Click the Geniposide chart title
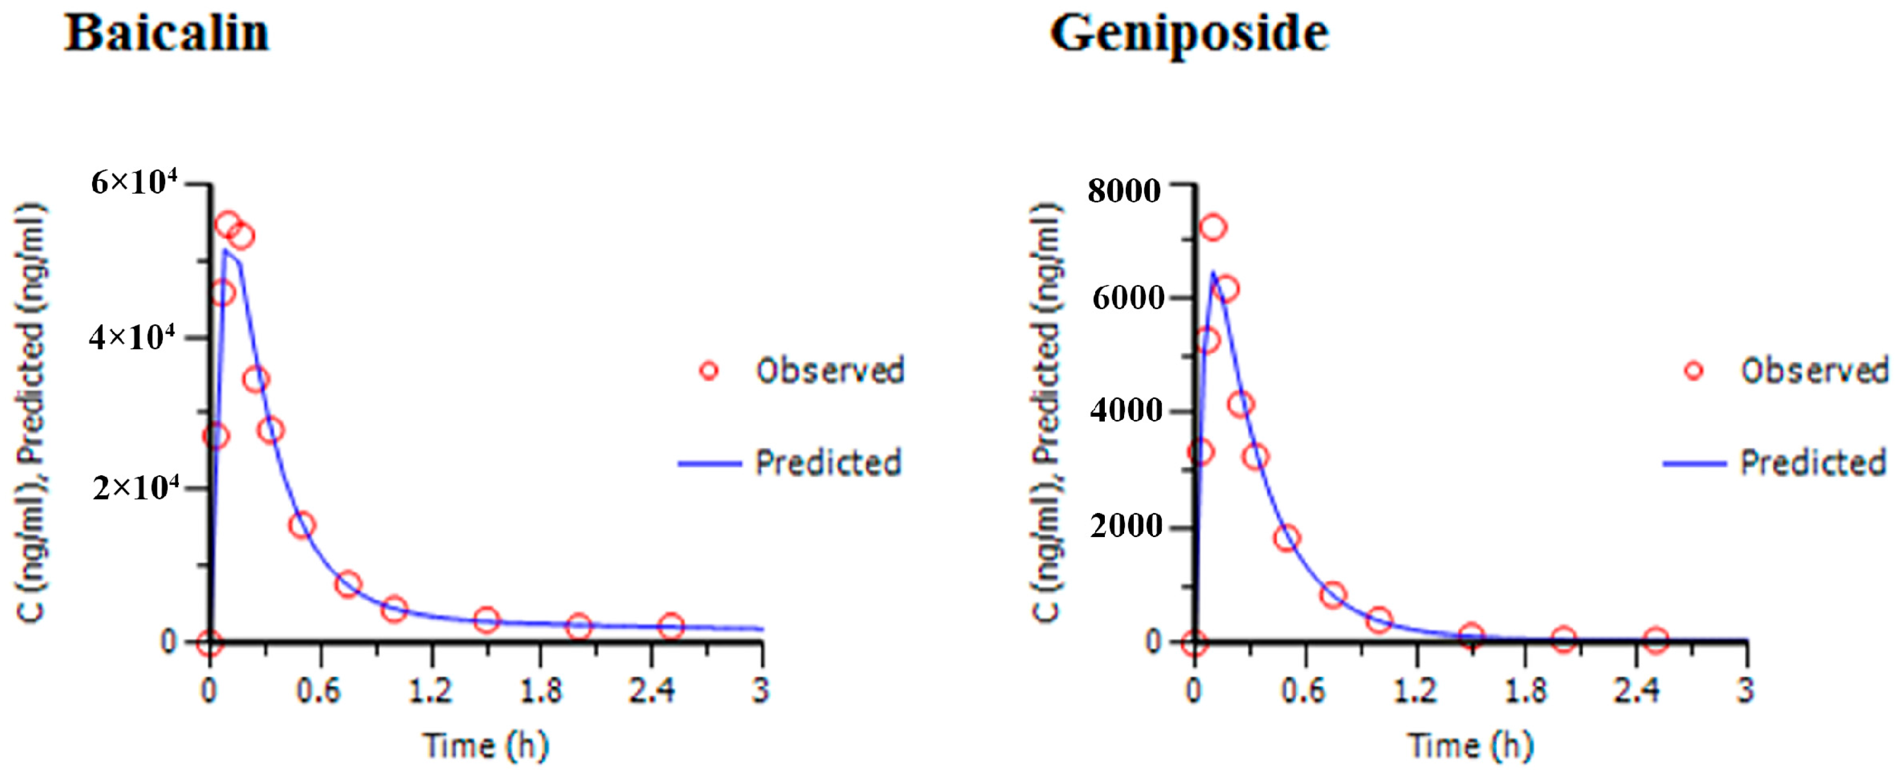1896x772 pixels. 1189,34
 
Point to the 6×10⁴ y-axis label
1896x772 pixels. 134,182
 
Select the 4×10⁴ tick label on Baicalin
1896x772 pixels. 133,338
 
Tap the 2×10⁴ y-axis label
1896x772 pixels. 135,487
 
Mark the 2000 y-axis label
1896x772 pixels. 1126,526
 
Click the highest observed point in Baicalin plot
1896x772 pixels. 228,225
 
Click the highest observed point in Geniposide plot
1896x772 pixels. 1213,228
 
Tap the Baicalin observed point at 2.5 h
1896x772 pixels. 671,626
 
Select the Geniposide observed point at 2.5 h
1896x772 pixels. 1655,640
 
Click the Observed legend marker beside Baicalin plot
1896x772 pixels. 709,370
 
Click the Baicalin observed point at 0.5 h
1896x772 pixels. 302,525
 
